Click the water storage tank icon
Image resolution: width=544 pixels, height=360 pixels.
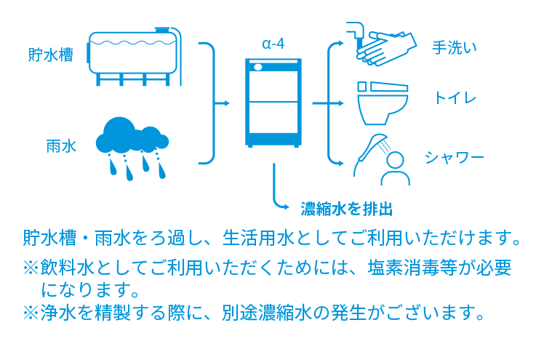click(133, 55)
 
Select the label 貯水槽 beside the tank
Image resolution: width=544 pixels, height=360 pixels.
click(51, 55)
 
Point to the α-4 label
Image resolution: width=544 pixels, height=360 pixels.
click(273, 43)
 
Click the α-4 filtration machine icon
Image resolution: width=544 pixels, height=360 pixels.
click(273, 103)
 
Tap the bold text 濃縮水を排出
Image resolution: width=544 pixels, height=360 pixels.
click(347, 209)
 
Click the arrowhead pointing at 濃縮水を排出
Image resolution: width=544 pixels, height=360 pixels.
click(290, 206)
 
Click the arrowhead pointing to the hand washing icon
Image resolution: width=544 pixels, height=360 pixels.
click(338, 46)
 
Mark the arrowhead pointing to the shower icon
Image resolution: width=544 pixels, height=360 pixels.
click(338, 161)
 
